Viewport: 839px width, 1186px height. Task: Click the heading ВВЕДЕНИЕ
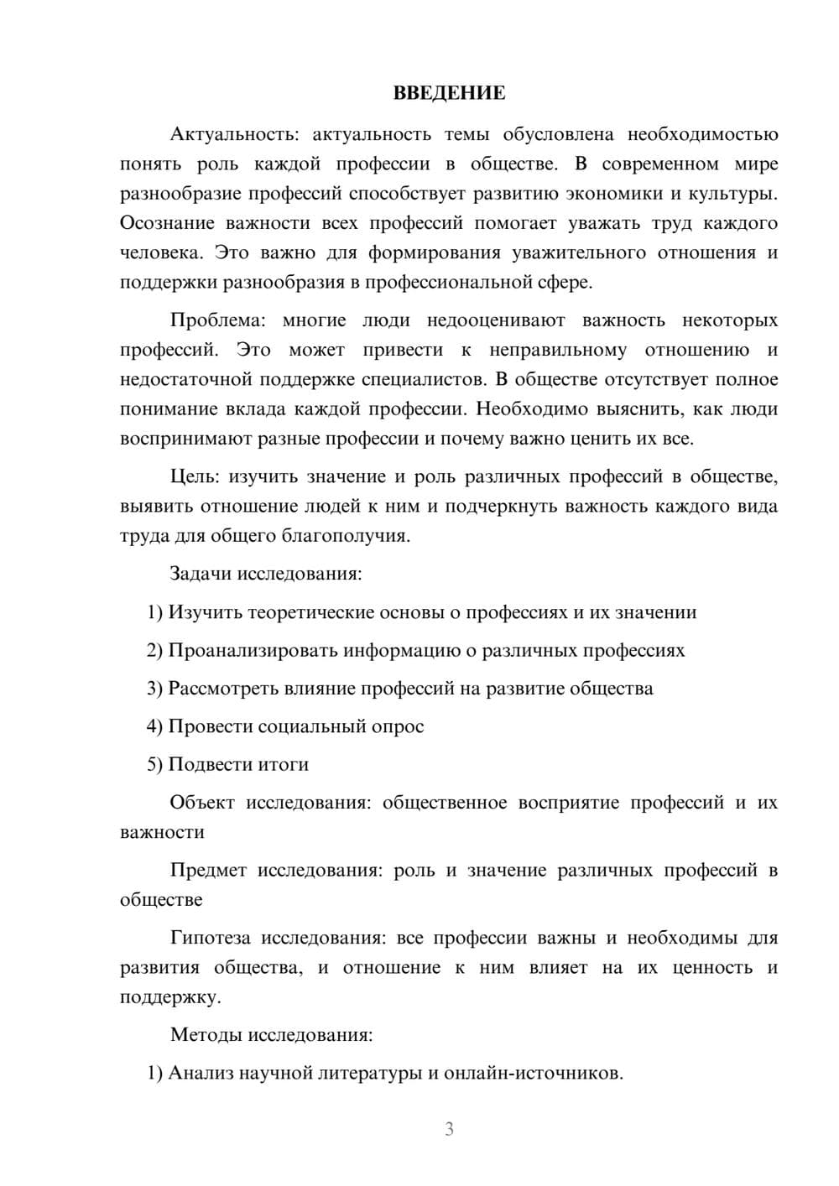tap(449, 93)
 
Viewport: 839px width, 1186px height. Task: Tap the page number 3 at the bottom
tap(449, 1129)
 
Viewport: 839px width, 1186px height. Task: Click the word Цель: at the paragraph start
tap(195, 477)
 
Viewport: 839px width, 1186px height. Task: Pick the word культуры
tap(732, 194)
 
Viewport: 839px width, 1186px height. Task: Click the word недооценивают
tap(496, 320)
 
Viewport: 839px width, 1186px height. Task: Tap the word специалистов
tap(424, 380)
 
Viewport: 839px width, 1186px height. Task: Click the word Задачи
tap(201, 575)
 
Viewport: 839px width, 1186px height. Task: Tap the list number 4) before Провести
tap(154, 726)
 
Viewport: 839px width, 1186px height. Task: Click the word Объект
tap(202, 803)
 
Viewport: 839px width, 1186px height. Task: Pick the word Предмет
tap(208, 871)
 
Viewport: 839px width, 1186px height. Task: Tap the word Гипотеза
tap(210, 938)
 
